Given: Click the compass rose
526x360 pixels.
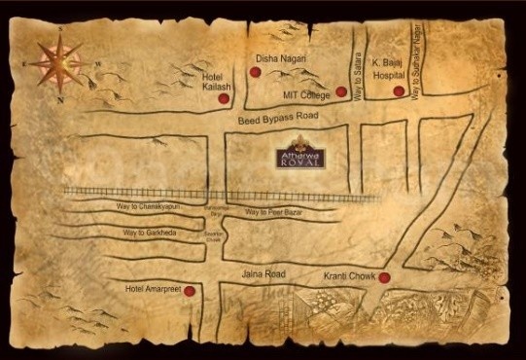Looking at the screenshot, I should point(57,64).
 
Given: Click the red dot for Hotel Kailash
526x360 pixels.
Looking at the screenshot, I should point(224,98).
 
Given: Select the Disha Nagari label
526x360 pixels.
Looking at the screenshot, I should point(280,58).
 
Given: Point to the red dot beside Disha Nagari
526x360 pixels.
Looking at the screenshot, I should point(255,72).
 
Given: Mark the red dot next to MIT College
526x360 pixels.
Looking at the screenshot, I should point(341,92).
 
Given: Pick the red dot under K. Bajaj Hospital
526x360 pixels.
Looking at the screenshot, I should point(399,91).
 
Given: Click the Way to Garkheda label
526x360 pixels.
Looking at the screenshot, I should point(151,234).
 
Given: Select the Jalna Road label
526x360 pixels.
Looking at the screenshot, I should point(264,276).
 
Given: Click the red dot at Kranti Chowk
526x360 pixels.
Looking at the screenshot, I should point(385,278).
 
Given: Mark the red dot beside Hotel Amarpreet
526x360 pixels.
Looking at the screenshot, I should point(190,291).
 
